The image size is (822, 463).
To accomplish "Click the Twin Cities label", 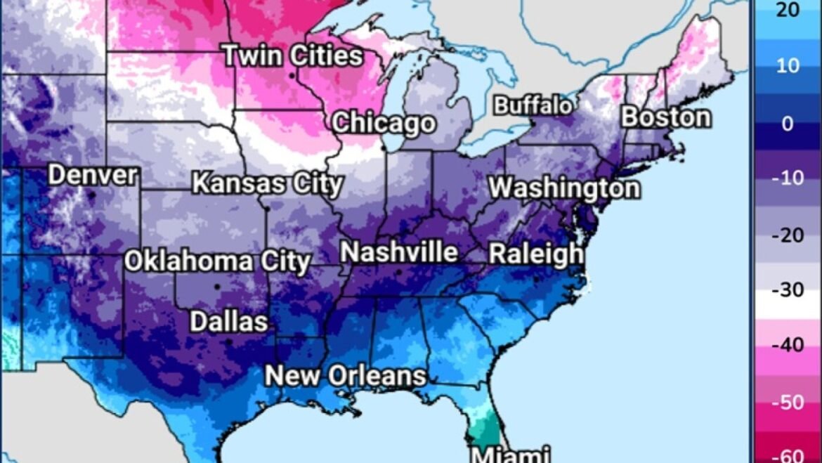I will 293,56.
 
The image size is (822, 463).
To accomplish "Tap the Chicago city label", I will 384,123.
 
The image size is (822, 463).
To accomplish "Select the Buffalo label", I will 533,105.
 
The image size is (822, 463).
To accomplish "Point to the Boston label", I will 665,117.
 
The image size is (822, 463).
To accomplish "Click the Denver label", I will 92,175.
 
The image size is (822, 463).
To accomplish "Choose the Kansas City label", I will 267,184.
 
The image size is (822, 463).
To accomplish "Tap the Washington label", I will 564,188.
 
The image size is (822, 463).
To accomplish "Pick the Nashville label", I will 399,252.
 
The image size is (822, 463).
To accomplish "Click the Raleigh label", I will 535,254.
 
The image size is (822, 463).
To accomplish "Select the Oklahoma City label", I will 217,261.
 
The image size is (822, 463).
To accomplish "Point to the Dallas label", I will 229,322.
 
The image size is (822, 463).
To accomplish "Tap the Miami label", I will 509,454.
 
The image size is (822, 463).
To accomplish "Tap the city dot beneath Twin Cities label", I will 292,75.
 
